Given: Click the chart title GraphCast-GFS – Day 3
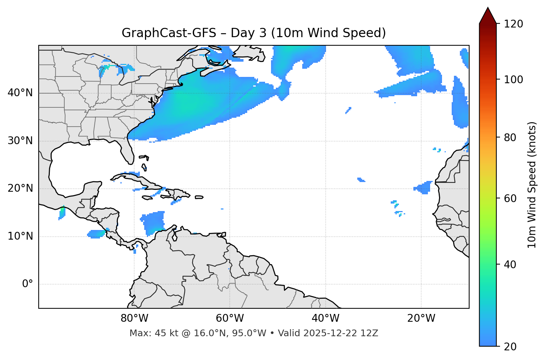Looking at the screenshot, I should (x=254, y=33).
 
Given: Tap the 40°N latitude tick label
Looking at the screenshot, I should (x=20, y=93).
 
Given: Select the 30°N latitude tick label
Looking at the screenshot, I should (x=20, y=141).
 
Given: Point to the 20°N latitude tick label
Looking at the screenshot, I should (x=20, y=188).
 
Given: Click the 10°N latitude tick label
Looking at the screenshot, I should (x=20, y=236).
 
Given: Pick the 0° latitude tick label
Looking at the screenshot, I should (x=27, y=284).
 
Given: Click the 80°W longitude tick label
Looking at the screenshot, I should (x=134, y=318).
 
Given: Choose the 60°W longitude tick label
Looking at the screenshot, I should (x=230, y=318).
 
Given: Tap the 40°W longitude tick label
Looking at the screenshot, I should (x=325, y=318).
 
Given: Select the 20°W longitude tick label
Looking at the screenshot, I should (x=421, y=318).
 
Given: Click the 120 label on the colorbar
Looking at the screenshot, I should (x=513, y=24).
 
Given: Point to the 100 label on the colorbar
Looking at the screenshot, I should (x=513, y=80).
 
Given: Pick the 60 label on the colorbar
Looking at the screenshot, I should (x=511, y=198).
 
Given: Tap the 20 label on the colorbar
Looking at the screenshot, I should (x=511, y=346).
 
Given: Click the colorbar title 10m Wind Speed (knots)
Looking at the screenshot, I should (x=532, y=185).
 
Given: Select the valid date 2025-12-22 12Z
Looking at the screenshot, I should (x=340, y=333).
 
